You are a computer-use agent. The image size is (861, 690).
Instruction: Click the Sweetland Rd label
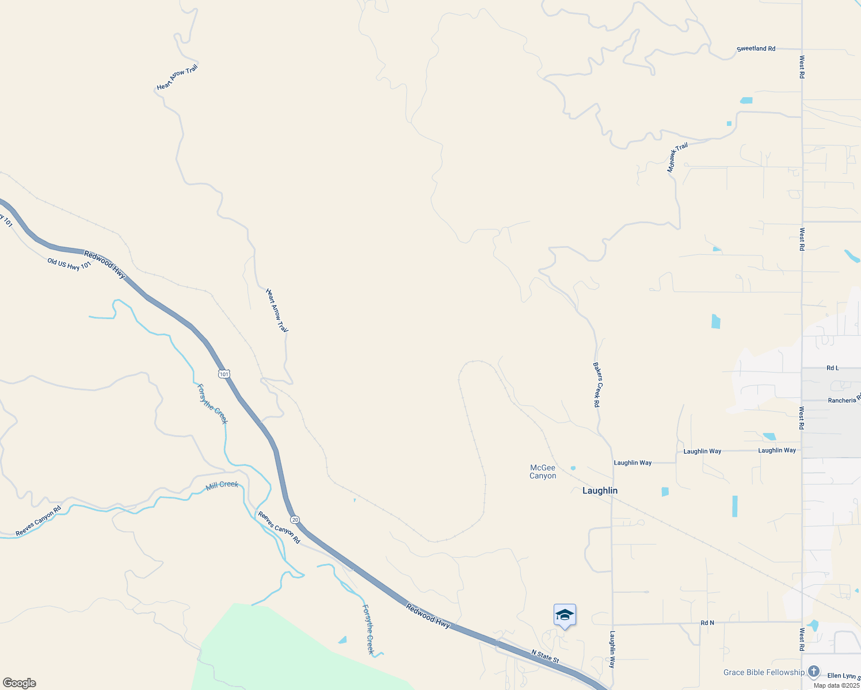(756, 49)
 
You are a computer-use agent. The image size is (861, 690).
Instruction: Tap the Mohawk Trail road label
(677, 158)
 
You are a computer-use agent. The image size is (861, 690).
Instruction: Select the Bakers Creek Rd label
(597, 385)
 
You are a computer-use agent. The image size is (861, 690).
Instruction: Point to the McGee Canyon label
(543, 471)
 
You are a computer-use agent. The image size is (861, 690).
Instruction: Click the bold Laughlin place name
(600, 490)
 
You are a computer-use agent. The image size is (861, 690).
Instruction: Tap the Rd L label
(832, 368)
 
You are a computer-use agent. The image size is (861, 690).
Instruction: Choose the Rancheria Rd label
(844, 400)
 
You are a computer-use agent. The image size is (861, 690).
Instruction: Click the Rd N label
(707, 623)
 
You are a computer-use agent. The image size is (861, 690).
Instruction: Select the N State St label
(545, 656)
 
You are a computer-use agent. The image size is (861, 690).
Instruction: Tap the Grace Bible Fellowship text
(764, 672)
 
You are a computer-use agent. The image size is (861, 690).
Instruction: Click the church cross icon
(813, 672)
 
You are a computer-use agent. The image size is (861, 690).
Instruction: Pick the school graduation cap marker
(565, 615)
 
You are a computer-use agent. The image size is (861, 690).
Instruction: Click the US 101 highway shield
(224, 374)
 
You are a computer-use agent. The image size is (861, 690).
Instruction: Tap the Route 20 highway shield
(295, 520)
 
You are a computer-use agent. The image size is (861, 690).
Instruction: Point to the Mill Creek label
(222, 485)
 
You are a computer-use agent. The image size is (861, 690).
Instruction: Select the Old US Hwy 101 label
(69, 264)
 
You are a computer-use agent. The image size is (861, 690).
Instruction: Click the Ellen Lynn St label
(843, 676)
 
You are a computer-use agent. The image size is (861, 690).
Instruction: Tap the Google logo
(19, 683)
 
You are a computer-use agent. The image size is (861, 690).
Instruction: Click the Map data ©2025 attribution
(836, 685)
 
